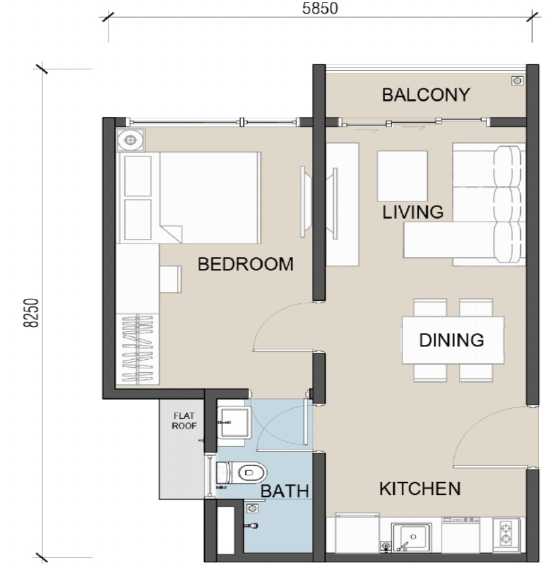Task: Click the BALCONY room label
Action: point(426,95)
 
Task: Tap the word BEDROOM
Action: point(245,264)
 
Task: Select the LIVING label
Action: point(413,212)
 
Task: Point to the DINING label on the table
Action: point(451,340)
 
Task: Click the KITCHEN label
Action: point(420,489)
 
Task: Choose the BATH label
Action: point(284,491)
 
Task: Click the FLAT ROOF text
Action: point(184,421)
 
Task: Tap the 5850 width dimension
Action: point(320,8)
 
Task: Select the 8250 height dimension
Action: point(31,313)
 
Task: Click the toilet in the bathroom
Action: point(242,472)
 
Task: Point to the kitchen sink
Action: point(411,537)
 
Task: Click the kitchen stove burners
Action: point(506,533)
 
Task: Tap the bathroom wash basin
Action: point(234,422)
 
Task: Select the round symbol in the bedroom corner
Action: point(131,140)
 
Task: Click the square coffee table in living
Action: point(402,176)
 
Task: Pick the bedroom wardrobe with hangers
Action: point(137,349)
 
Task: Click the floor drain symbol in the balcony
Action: point(518,81)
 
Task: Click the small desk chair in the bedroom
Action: point(170,279)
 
